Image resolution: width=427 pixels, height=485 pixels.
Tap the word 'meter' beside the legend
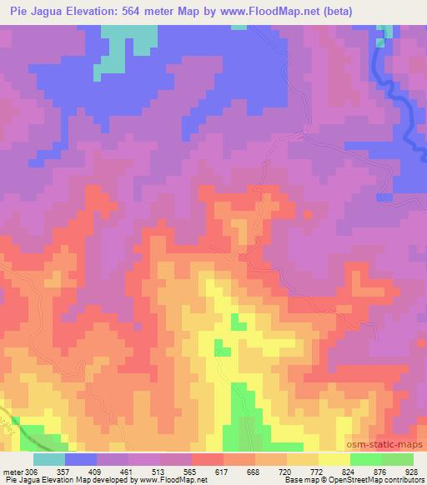[13, 472]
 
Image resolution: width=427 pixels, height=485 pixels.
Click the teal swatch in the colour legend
[49, 459]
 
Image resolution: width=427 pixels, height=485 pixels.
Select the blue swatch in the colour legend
[81, 459]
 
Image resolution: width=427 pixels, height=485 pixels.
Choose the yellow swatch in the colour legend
[334, 459]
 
